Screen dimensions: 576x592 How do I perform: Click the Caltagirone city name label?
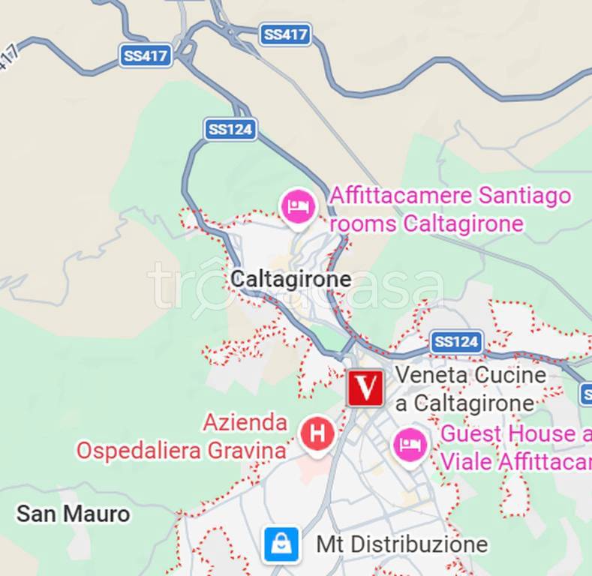(290, 280)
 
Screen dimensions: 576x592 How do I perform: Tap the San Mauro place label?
(73, 514)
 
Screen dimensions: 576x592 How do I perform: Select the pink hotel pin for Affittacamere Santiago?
(298, 206)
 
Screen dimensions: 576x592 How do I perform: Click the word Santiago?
(525, 196)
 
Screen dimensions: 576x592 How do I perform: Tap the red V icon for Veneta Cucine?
(365, 388)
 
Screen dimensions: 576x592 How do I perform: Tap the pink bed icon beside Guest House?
(410, 445)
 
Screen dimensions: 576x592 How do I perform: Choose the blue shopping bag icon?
(282, 544)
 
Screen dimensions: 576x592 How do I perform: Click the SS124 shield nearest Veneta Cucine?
(456, 343)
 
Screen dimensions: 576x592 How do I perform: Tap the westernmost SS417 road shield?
(146, 55)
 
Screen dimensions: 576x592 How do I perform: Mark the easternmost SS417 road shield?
(285, 34)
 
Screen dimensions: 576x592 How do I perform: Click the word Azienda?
(245, 423)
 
